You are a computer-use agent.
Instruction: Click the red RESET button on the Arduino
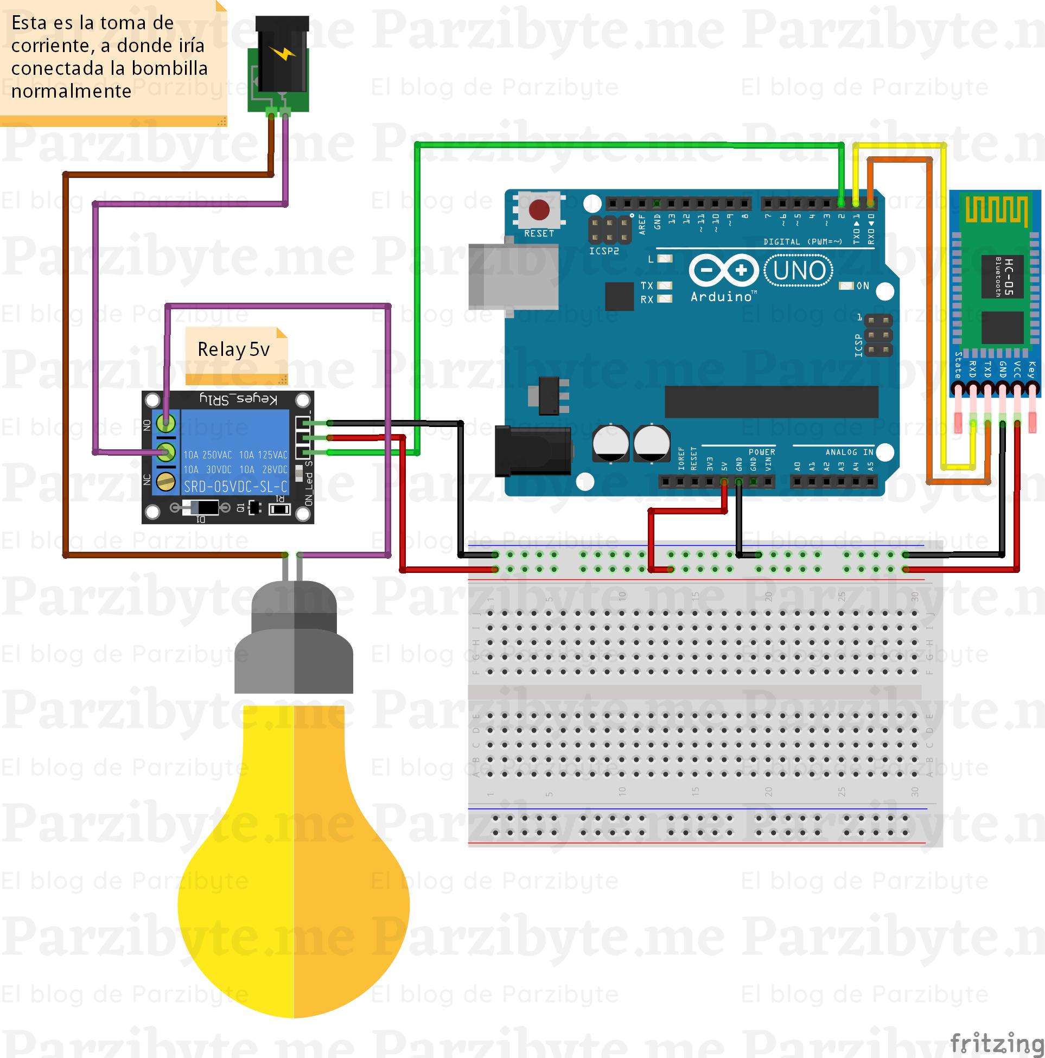click(x=539, y=210)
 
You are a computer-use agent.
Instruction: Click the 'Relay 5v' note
click(x=234, y=349)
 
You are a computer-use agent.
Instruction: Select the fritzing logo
click(x=997, y=1042)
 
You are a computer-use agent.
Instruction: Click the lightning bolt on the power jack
click(x=282, y=54)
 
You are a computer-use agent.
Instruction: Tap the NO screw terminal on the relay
click(x=165, y=423)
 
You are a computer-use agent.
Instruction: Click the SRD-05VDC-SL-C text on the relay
click(x=235, y=486)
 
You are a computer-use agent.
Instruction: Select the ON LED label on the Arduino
click(x=863, y=286)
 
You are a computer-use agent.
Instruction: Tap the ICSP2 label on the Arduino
click(x=603, y=251)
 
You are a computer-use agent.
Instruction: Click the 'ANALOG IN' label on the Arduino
click(x=850, y=452)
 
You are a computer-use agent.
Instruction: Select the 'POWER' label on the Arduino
click(x=762, y=452)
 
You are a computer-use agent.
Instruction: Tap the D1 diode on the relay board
click(x=197, y=509)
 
